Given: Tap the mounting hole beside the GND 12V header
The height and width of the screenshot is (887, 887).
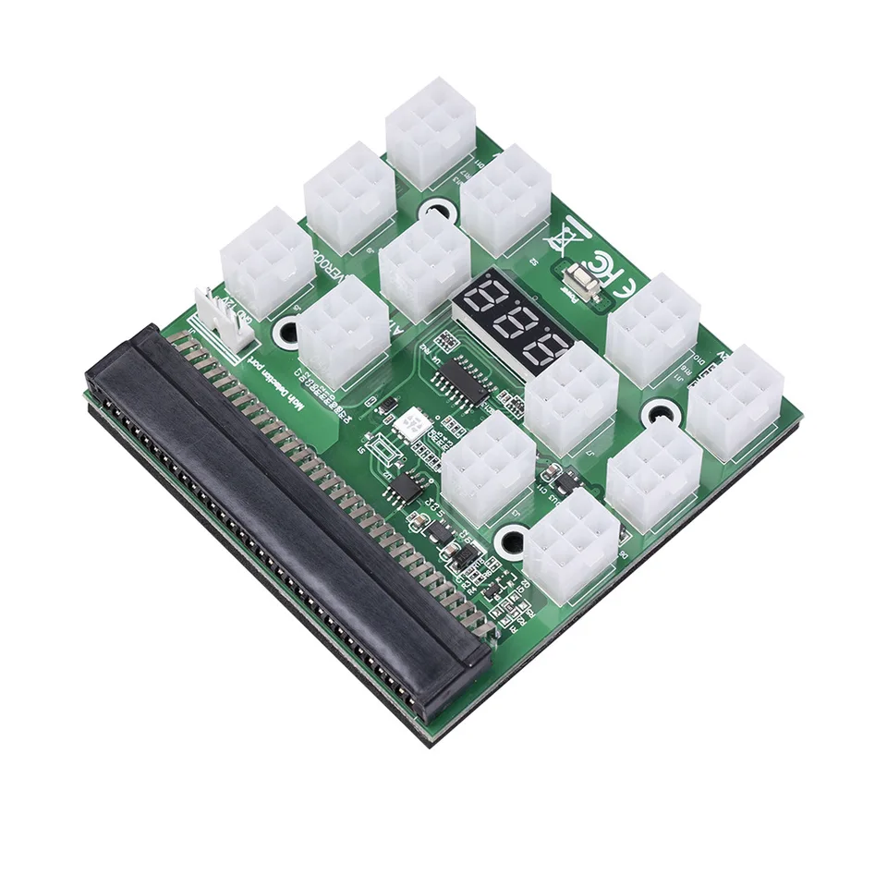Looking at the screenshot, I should [x=288, y=328].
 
